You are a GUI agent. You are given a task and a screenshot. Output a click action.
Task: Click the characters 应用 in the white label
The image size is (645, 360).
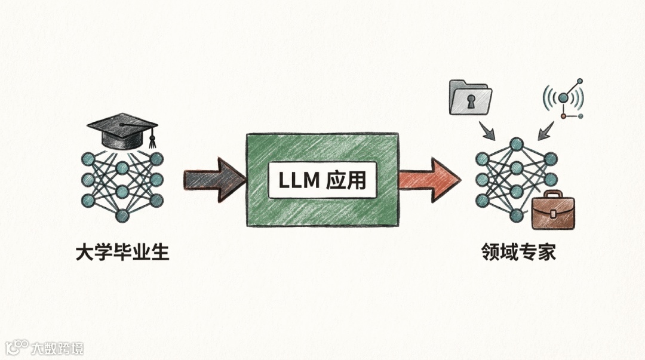346,180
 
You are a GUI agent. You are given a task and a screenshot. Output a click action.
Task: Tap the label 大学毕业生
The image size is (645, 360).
122,253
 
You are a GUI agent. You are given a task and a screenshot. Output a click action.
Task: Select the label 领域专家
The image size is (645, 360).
518,253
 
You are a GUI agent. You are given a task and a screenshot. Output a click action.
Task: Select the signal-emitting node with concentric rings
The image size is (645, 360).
563,97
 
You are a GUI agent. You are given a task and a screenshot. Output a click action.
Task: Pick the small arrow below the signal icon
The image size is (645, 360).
545,131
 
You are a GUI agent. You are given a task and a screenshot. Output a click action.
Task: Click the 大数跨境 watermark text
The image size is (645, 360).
58,348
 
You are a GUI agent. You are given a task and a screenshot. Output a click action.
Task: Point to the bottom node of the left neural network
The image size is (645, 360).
122,216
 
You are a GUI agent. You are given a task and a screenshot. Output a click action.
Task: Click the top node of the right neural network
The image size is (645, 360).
517,143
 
